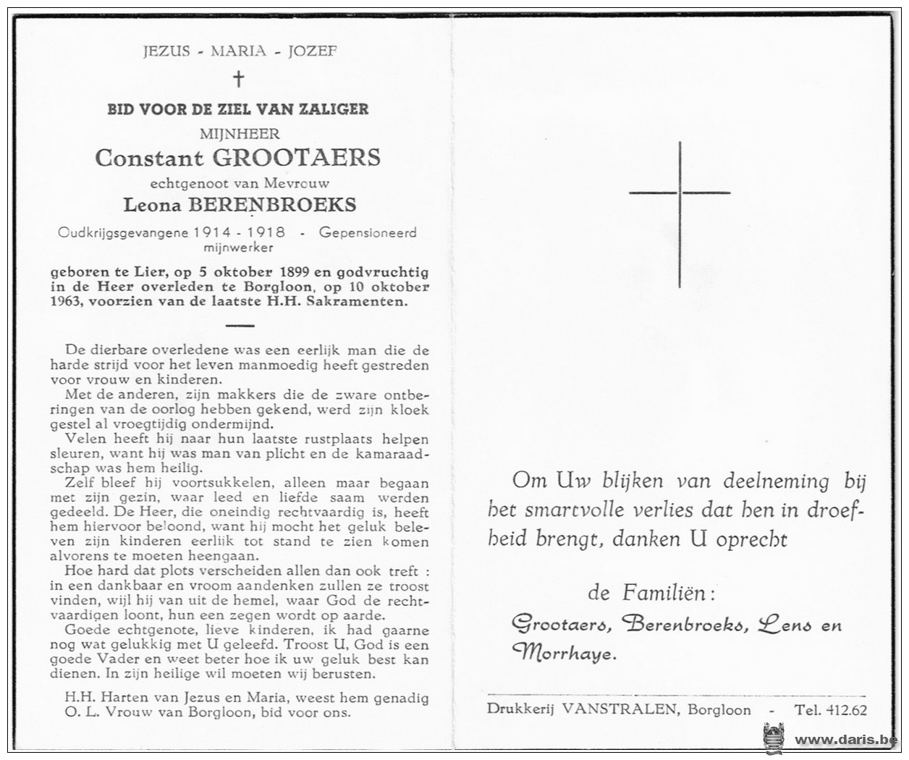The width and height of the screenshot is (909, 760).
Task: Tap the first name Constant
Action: pyautogui.click(x=148, y=158)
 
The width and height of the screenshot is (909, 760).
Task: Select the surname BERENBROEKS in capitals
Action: pyautogui.click(x=272, y=205)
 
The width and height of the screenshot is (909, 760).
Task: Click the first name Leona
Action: pyautogui.click(x=152, y=205)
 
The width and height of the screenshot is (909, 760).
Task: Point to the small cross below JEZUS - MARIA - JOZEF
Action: pyautogui.click(x=238, y=78)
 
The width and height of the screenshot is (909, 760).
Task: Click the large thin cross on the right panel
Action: pyautogui.click(x=680, y=214)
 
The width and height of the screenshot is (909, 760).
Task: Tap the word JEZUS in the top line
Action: pyautogui.click(x=166, y=51)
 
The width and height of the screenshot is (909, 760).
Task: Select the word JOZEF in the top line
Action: pyautogui.click(x=313, y=51)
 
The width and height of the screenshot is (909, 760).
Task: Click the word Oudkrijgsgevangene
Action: pyautogui.click(x=123, y=232)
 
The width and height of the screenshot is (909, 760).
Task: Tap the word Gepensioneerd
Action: pyautogui.click(x=368, y=232)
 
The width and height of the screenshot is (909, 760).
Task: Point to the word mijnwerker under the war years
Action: pyautogui.click(x=239, y=248)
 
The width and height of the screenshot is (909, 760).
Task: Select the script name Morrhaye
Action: pyautogui.click(x=564, y=654)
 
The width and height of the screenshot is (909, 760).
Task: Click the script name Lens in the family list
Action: pyautogui.click(x=785, y=625)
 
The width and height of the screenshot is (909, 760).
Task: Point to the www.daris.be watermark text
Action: pyautogui.click(x=845, y=740)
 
